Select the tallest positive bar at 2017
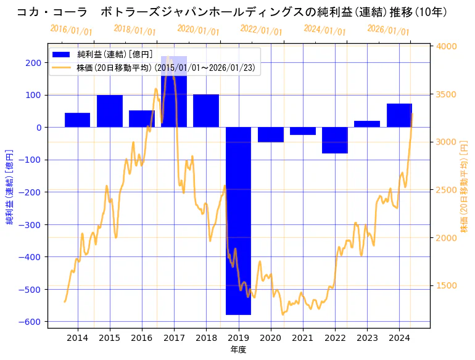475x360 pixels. [174, 92]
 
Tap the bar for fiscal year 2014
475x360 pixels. [77, 120]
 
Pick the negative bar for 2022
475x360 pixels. [335, 140]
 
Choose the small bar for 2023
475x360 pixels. [367, 124]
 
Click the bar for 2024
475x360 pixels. [399, 115]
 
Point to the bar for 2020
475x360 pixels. [270, 134]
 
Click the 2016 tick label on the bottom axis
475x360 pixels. [142, 338]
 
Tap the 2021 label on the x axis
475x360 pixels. [302, 338]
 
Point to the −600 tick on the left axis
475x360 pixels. [32, 322]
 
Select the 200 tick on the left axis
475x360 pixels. [35, 62]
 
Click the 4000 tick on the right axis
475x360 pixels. [446, 46]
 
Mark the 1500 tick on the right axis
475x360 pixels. [446, 285]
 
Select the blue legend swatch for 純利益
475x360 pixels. [62, 54]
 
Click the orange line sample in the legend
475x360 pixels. [62, 68]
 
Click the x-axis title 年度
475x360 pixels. [238, 350]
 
